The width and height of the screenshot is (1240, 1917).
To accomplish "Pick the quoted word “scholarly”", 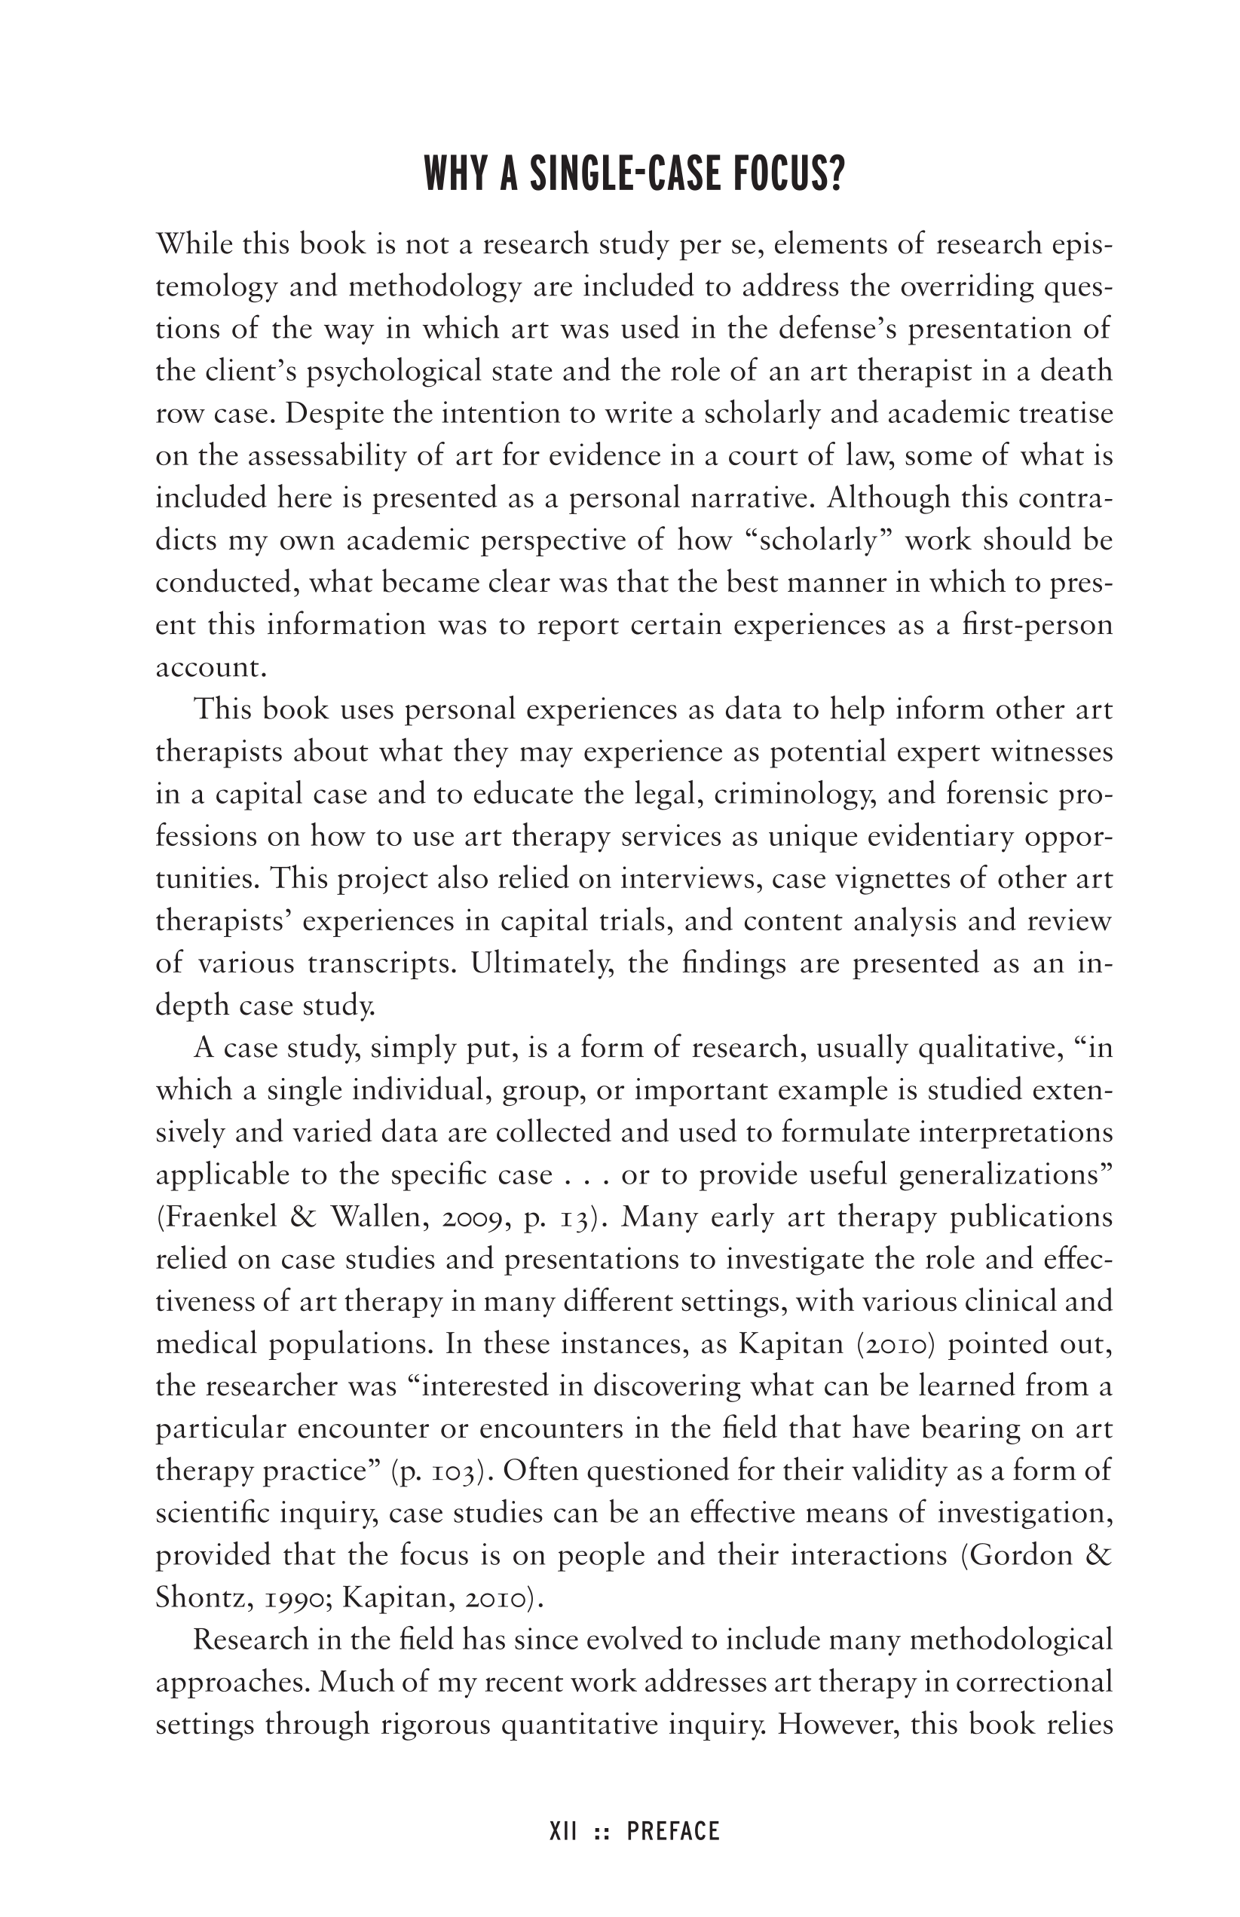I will pos(822,540).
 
